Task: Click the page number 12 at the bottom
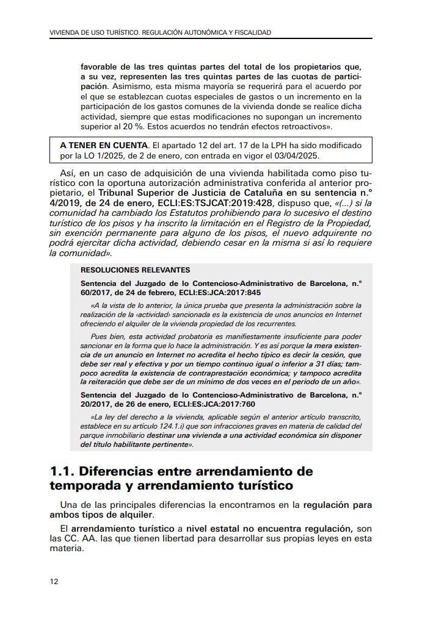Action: pyautogui.click(x=54, y=581)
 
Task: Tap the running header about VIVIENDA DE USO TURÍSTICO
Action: pyautogui.click(x=160, y=32)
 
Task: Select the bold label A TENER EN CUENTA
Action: pyautogui.click(x=104, y=145)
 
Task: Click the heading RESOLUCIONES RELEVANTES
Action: pyautogui.click(x=135, y=270)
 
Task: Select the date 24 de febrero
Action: pyautogui.click(x=139, y=292)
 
